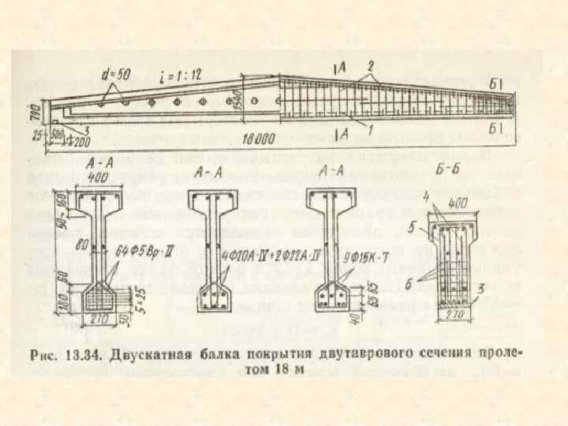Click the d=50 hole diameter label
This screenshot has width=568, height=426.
click(x=117, y=74)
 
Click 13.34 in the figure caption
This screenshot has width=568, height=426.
click(x=80, y=356)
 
